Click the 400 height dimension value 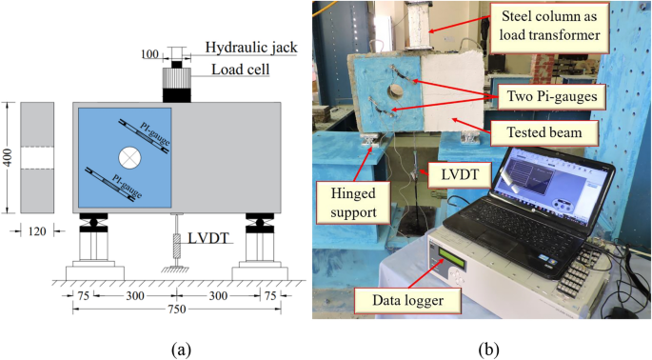click(10, 156)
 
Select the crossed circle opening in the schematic click(128, 154)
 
